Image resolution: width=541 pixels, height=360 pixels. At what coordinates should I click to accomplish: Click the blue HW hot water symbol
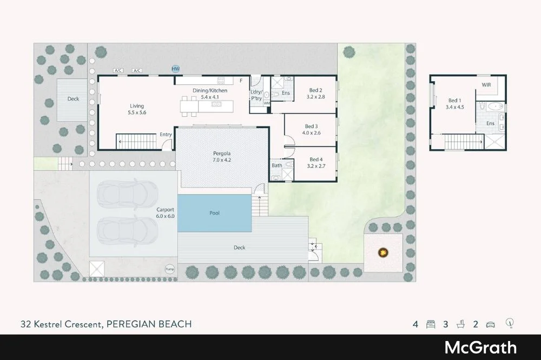175,69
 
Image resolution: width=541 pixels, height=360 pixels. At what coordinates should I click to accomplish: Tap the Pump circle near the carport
170,269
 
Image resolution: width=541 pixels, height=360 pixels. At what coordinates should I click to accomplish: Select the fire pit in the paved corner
384,251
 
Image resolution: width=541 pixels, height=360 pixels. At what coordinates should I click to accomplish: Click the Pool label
215,213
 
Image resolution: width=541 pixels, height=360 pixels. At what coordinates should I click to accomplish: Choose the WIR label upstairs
487,85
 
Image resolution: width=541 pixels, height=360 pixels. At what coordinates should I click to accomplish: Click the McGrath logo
480,348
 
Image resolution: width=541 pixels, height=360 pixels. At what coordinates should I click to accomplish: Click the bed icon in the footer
431,325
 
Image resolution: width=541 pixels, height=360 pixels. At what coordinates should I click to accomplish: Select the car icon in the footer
490,325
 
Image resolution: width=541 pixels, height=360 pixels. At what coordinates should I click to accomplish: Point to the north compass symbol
510,324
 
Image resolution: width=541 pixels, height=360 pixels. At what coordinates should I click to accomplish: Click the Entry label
166,135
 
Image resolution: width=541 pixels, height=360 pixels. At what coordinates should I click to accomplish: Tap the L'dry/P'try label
256,95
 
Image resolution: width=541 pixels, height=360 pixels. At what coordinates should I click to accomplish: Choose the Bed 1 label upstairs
455,100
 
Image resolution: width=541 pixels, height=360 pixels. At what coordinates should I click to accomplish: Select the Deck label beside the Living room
73,99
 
